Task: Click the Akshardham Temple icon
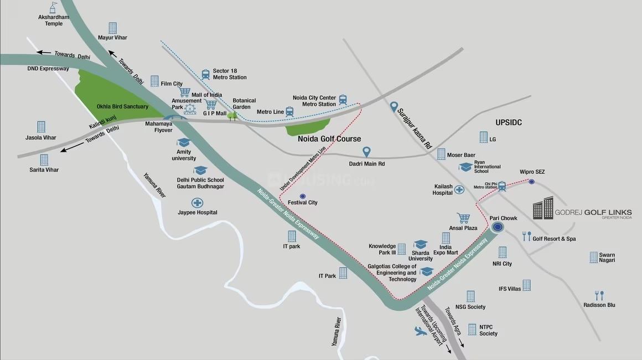click(53, 7)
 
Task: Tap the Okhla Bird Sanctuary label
click(122, 106)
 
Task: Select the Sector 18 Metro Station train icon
click(206, 74)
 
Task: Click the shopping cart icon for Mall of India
click(184, 92)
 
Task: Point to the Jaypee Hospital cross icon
click(197, 203)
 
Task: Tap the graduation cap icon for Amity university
click(183, 142)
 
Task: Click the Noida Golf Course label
click(329, 139)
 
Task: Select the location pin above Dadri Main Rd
click(366, 151)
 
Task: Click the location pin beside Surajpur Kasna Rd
click(394, 106)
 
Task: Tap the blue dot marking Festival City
click(302, 196)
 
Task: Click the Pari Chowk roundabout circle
click(498, 227)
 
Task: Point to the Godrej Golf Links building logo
click(543, 208)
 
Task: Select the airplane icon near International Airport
click(421, 331)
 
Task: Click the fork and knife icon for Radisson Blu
click(599, 295)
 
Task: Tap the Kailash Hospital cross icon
click(459, 190)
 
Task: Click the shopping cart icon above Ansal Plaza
click(463, 218)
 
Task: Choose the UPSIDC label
click(508, 122)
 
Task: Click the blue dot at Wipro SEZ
click(531, 182)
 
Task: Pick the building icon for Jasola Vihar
click(41, 127)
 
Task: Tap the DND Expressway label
click(48, 69)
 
